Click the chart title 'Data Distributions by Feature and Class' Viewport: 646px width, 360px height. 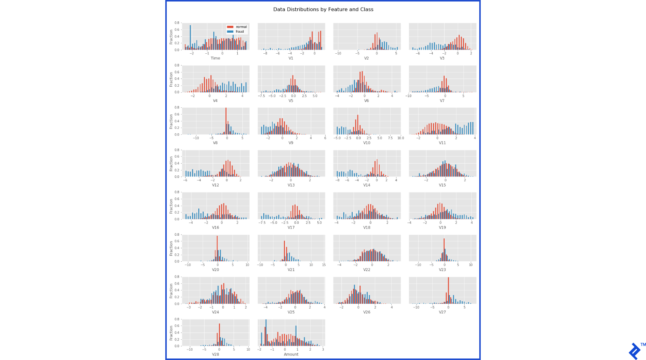click(323, 9)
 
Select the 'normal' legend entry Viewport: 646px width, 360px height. click(241, 27)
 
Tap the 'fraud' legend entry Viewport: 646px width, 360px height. click(240, 32)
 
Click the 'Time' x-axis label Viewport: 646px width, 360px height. click(215, 58)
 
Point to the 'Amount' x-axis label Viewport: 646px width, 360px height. click(291, 354)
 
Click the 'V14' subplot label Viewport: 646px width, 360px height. click(367, 185)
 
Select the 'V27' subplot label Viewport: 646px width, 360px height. click(442, 312)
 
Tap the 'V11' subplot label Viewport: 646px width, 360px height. click(442, 143)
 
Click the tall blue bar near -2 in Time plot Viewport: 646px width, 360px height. click(190, 37)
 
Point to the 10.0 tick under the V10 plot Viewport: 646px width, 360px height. click(401, 138)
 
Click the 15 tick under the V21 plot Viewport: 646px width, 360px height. click(324, 265)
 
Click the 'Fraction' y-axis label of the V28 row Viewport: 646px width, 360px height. click(171, 333)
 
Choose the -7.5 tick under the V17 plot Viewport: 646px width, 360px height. click(262, 223)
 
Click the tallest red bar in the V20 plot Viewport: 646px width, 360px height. click(217, 249)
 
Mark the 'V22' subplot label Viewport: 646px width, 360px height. click(367, 270)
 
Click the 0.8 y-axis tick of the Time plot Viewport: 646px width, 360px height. click(177, 23)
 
